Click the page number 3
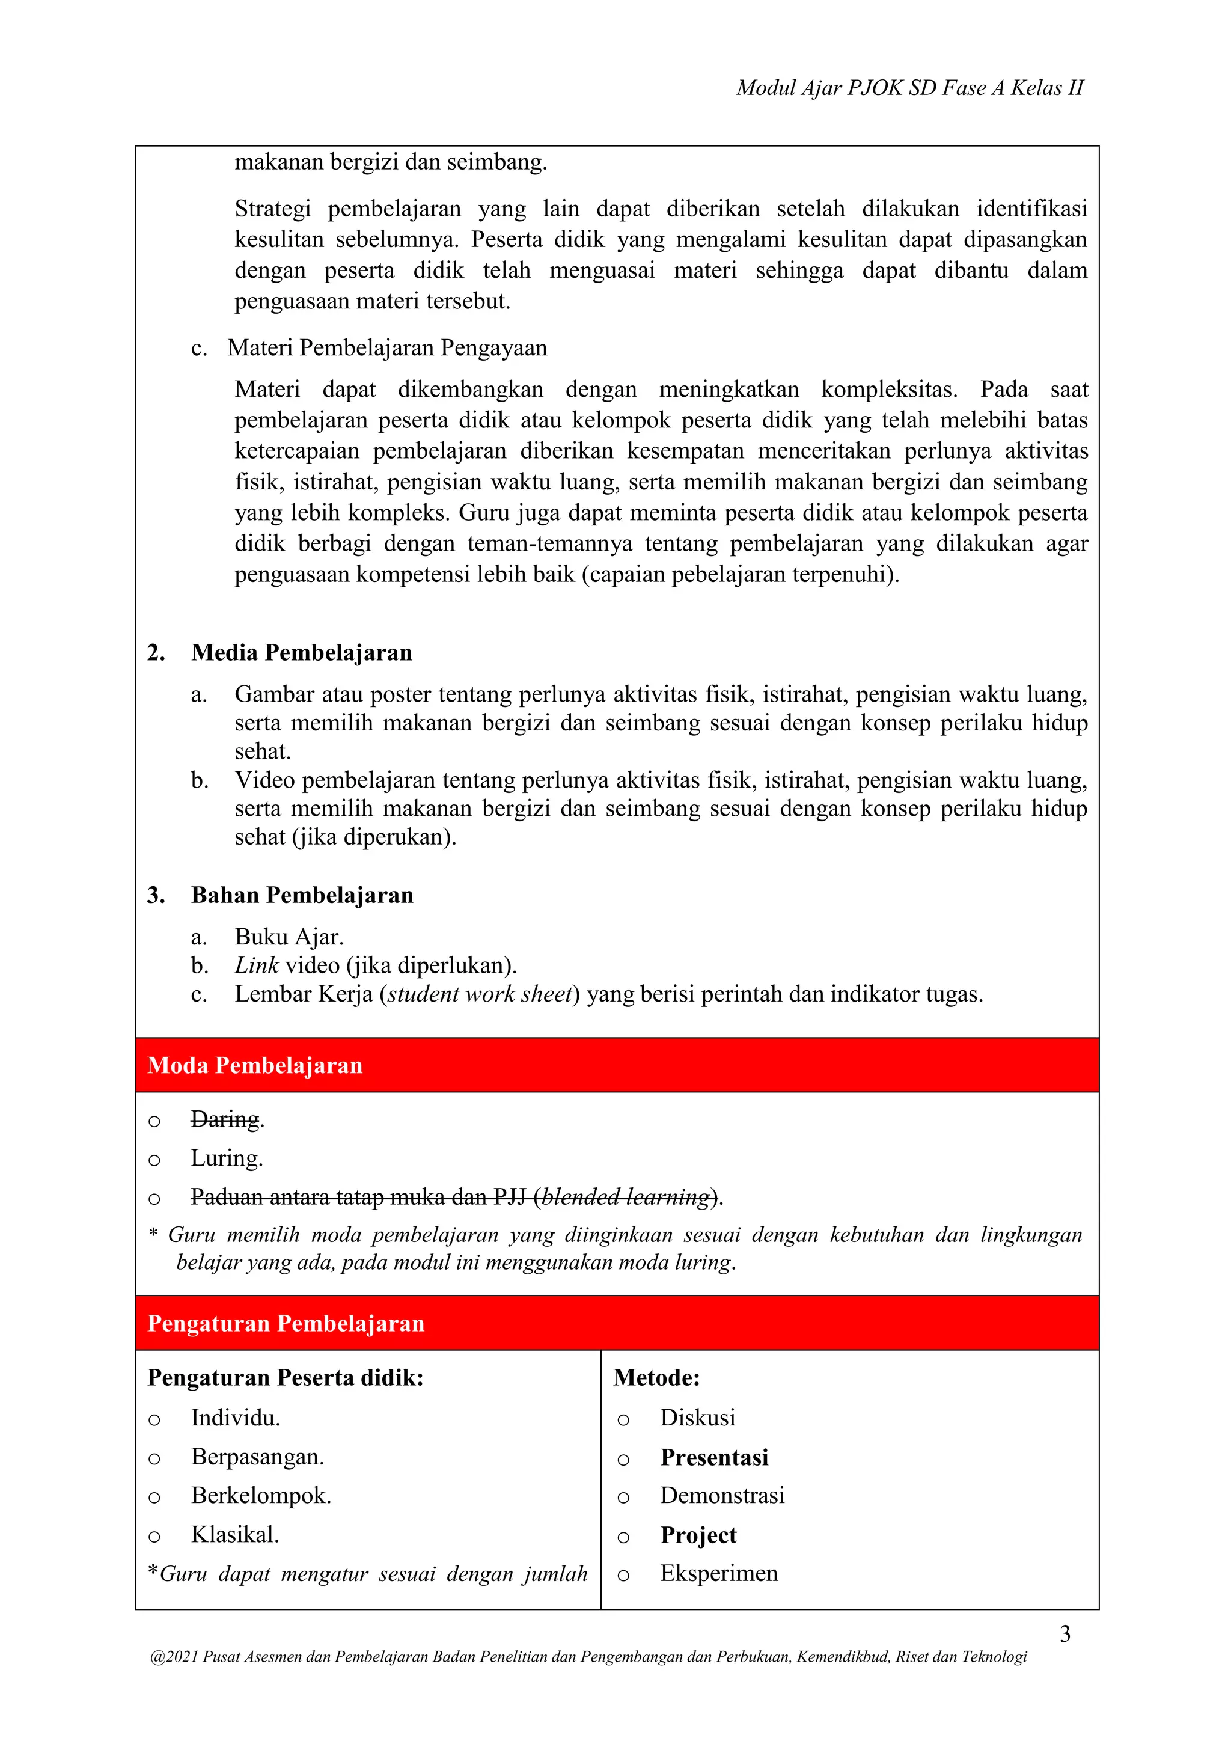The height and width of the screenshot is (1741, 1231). click(1065, 1633)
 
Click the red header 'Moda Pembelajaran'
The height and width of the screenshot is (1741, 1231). click(255, 1065)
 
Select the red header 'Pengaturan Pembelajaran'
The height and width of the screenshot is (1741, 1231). click(286, 1323)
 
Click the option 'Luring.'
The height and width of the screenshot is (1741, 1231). click(227, 1158)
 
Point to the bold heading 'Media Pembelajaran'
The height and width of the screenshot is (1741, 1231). click(301, 652)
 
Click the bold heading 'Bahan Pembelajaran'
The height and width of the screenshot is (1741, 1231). click(302, 895)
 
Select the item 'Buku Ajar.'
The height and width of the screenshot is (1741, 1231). click(289, 937)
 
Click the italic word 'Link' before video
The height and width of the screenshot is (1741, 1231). click(256, 965)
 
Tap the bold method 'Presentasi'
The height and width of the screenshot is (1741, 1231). click(714, 1457)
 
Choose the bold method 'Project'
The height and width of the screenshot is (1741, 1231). click(698, 1535)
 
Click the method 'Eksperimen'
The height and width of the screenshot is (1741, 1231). click(719, 1573)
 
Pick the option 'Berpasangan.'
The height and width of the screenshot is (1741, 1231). click(257, 1457)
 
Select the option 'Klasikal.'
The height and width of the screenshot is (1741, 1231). click(235, 1535)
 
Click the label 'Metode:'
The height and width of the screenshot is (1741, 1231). click(656, 1378)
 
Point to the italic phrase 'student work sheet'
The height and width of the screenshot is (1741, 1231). click(479, 994)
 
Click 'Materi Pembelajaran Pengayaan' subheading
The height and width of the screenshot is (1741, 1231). click(386, 348)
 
